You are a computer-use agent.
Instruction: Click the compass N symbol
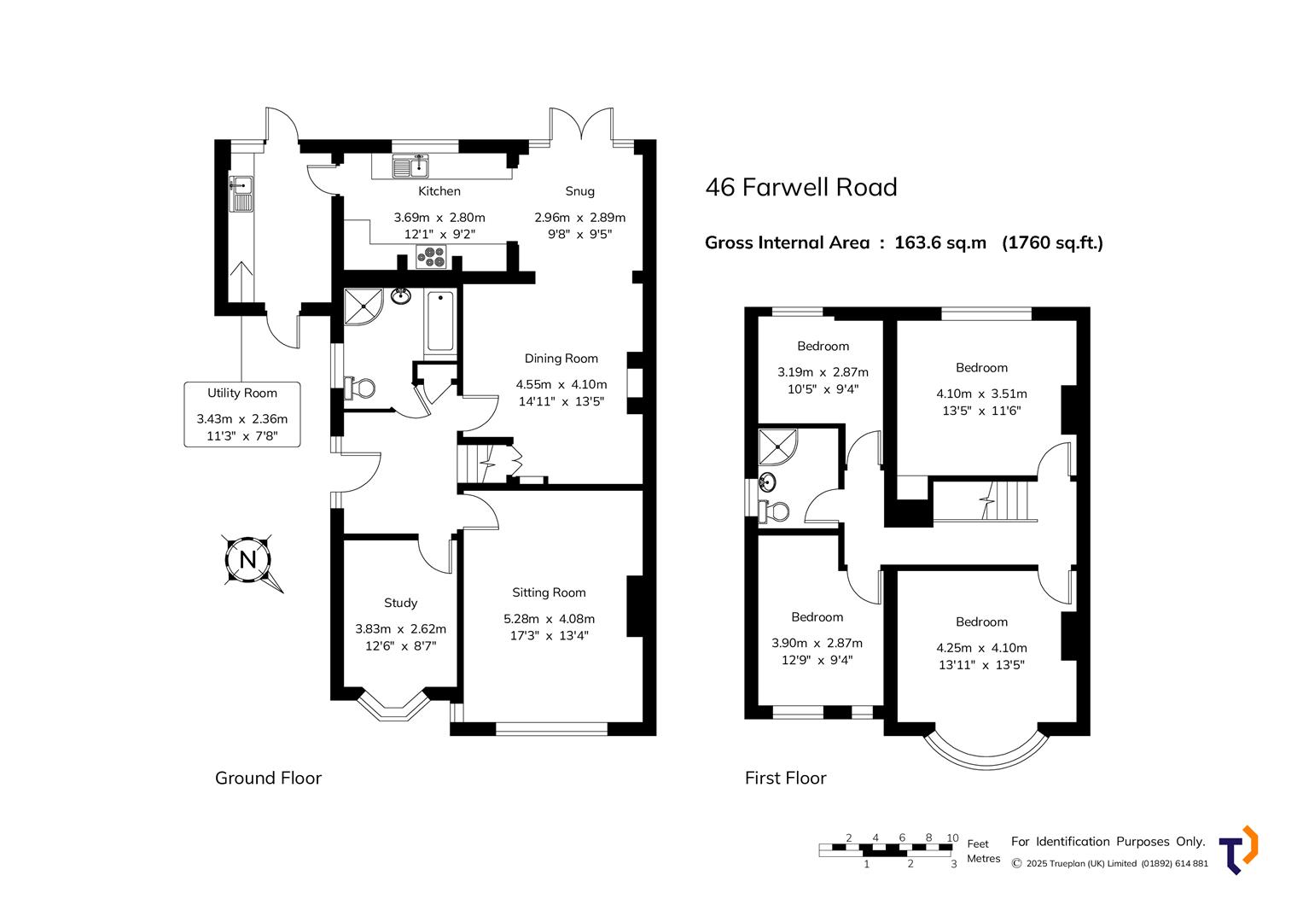[248, 560]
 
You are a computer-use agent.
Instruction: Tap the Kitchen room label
[439, 191]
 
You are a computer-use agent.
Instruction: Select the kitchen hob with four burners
[432, 255]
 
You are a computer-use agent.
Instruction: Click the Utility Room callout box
[242, 415]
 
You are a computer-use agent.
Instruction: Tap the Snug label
[579, 191]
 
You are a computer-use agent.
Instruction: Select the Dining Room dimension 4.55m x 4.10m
[561, 384]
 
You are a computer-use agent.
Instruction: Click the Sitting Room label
[549, 592]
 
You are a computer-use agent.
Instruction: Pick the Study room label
[400, 603]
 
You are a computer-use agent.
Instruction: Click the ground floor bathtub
[440, 322]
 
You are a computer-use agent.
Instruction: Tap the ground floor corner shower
[362, 306]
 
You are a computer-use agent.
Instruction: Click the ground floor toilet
[359, 388]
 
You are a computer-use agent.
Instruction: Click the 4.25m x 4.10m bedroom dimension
[981, 648]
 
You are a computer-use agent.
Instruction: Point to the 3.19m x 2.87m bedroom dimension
[823, 372]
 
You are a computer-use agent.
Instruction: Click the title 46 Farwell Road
[800, 187]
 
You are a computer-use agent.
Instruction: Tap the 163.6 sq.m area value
[939, 242]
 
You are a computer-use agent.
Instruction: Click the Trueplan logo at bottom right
[1238, 849]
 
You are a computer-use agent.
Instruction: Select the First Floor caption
[785, 778]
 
